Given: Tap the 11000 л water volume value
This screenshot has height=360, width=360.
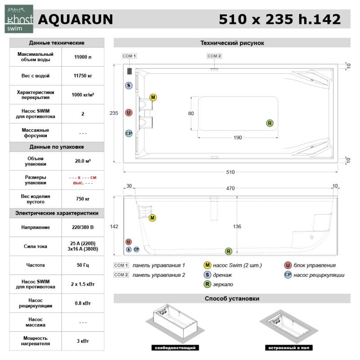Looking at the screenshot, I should [83, 57].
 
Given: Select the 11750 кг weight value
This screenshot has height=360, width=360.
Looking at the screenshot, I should [83, 76].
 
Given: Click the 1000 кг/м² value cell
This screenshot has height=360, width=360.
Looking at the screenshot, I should [83, 95].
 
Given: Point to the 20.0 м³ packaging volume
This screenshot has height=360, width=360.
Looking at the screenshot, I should [83, 162].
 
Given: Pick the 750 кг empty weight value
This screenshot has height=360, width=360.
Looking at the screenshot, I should [83, 199].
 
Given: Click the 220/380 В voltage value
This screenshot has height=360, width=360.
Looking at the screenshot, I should [83, 228].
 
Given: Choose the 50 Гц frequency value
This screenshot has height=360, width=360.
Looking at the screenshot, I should [83, 265].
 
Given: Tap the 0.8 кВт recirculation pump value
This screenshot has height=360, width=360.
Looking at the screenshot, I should [83, 303].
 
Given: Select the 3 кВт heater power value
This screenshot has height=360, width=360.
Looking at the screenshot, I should [83, 341].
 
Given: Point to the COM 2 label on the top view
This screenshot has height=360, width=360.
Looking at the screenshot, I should [214, 56].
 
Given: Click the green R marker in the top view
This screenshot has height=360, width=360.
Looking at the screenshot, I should [270, 123].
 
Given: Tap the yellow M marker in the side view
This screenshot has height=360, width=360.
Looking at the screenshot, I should [153, 218].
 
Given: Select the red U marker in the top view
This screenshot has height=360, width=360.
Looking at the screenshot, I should [129, 112].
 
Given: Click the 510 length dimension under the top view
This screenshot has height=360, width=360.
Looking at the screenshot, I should [230, 171].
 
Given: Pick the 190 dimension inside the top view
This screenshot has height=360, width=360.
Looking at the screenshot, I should [238, 138].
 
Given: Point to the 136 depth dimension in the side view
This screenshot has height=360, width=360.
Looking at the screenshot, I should [237, 226].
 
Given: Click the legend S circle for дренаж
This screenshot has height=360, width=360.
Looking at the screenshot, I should [207, 275].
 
